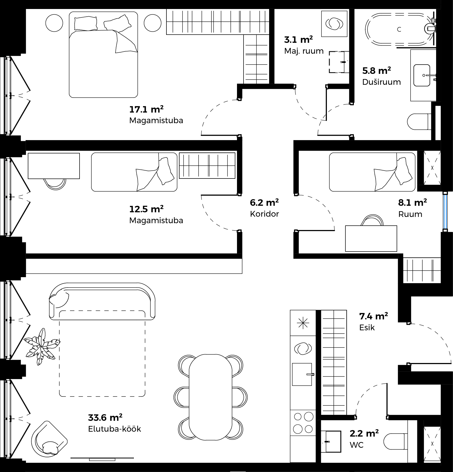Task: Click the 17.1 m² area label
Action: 146,110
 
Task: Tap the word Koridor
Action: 264,214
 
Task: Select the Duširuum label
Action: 381,82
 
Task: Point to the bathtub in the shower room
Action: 399,29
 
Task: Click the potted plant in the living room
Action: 42,346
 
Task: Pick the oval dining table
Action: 211,397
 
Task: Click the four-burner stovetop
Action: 303,425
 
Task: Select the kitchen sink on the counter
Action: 302,374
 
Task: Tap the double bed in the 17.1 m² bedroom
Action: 103,55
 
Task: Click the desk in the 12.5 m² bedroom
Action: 54,166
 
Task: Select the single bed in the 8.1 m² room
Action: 372,172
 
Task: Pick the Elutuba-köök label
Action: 115,429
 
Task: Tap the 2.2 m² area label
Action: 364,433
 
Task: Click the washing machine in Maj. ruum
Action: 334,24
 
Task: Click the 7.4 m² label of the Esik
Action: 373,316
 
